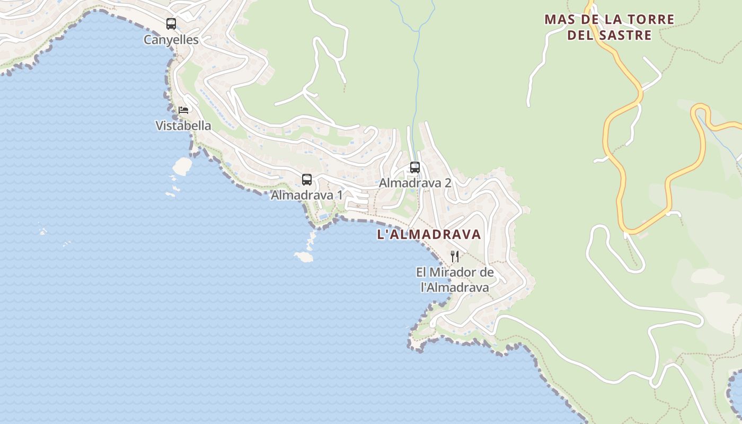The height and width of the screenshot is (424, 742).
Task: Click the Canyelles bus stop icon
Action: coord(171,24)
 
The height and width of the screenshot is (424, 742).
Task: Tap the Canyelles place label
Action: coord(171,40)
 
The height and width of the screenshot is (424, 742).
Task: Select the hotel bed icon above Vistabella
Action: coord(183,110)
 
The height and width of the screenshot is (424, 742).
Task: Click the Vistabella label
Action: coord(183,126)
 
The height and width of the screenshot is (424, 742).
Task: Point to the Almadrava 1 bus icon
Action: coord(307,180)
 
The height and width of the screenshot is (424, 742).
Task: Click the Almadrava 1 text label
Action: coord(306,195)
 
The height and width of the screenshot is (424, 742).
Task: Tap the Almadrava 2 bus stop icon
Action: coord(415,167)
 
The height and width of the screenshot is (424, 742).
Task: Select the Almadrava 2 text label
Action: coord(415,183)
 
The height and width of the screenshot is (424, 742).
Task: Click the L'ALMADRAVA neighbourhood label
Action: coord(429,234)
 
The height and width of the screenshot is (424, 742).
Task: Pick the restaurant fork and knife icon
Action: coord(454,257)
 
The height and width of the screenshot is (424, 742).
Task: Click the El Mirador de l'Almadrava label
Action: coord(455,280)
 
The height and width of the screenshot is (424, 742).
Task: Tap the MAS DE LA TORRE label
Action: coord(609,20)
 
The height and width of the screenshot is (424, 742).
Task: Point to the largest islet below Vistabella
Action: coord(182,166)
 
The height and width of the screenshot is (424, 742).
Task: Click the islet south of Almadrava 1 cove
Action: coord(304,257)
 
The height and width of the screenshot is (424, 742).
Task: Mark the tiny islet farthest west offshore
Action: coord(43,231)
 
